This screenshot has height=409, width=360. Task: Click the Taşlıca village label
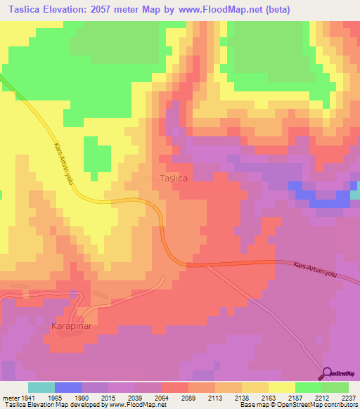(x=173, y=178)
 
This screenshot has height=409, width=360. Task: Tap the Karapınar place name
(x=72, y=326)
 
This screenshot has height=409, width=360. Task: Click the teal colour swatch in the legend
(x=41, y=387)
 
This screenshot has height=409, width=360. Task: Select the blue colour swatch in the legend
(x=68, y=387)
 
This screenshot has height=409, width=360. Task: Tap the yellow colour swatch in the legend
(x=282, y=387)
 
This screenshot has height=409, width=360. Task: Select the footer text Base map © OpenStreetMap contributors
(x=297, y=405)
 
